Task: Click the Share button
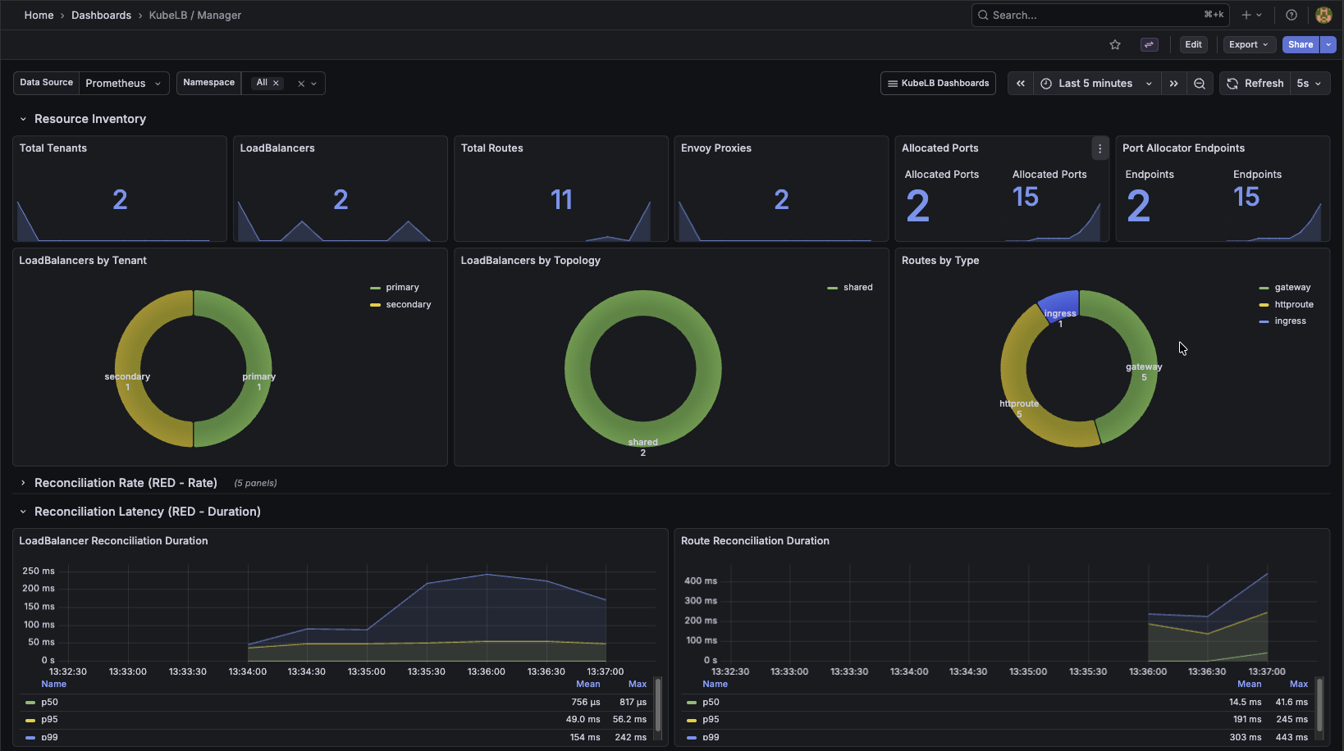pyautogui.click(x=1300, y=44)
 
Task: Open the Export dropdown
pyautogui.click(x=1248, y=44)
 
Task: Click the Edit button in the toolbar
pyautogui.click(x=1193, y=44)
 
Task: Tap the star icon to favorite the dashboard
pyautogui.click(x=1115, y=44)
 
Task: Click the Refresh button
pyautogui.click(x=1255, y=83)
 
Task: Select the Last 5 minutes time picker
pyautogui.click(x=1095, y=83)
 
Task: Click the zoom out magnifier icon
pyautogui.click(x=1200, y=83)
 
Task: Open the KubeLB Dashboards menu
pyautogui.click(x=938, y=83)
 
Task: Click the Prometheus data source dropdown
pyautogui.click(x=123, y=83)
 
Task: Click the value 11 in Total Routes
pyautogui.click(x=561, y=199)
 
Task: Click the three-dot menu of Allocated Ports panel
pyautogui.click(x=1099, y=148)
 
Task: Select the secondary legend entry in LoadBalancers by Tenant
pyautogui.click(x=408, y=304)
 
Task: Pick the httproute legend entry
pyautogui.click(x=1293, y=304)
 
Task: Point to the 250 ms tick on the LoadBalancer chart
pyautogui.click(x=39, y=571)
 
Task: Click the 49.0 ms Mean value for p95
pyautogui.click(x=583, y=719)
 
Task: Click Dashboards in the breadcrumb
pyautogui.click(x=101, y=15)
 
